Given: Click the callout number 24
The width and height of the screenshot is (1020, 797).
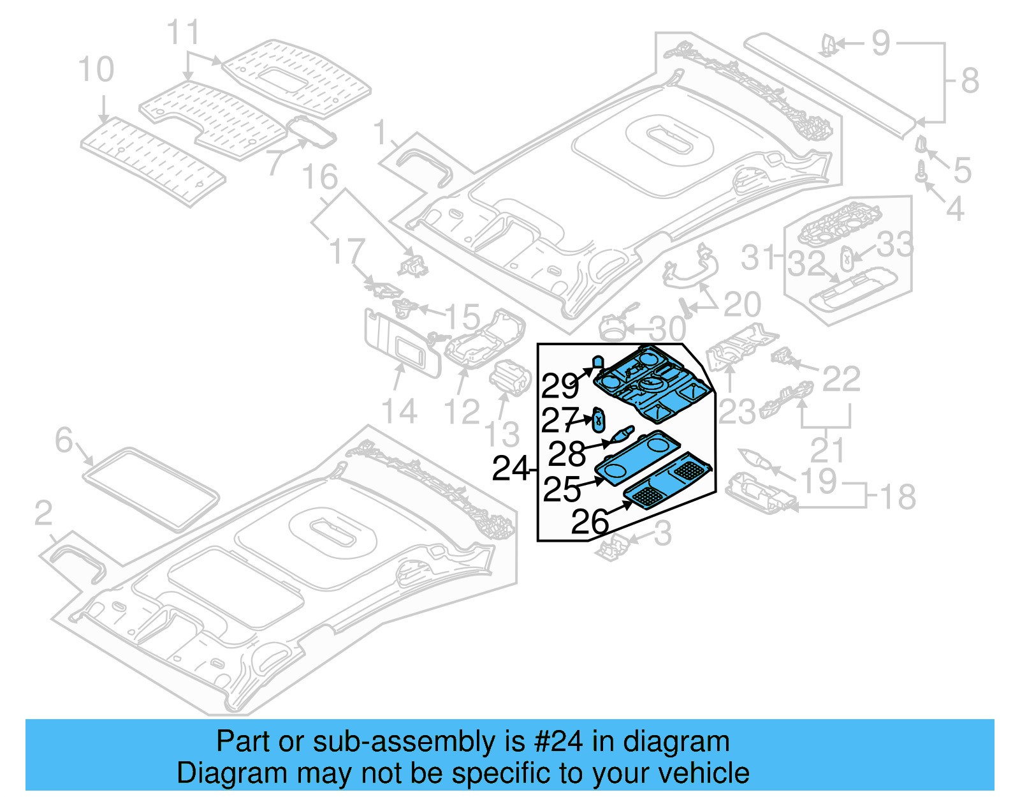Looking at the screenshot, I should pyautogui.click(x=511, y=469).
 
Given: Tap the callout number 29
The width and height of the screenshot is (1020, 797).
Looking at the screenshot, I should pyautogui.click(x=560, y=385).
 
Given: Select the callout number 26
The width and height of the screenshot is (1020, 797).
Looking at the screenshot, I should pyautogui.click(x=590, y=522).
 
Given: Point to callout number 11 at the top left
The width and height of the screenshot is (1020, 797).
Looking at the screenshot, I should pyautogui.click(x=183, y=33).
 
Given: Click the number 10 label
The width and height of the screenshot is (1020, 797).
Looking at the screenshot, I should pyautogui.click(x=96, y=70).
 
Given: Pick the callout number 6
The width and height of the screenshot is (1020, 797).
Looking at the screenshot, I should pyautogui.click(x=64, y=440).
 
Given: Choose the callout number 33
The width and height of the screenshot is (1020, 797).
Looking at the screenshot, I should pyautogui.click(x=894, y=244).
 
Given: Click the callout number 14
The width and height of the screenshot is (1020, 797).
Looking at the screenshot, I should pyautogui.click(x=399, y=412).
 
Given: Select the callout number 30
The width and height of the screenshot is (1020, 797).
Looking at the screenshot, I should pyautogui.click(x=667, y=329).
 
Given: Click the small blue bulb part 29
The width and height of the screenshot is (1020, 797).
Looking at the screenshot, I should pyautogui.click(x=597, y=362).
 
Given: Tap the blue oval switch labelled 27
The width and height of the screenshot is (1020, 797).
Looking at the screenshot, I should pyautogui.click(x=599, y=419).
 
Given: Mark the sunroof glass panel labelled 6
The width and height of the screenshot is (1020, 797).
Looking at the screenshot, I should pyautogui.click(x=150, y=488).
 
